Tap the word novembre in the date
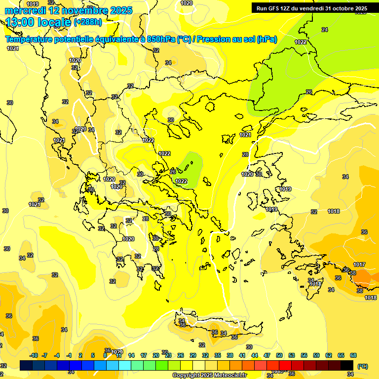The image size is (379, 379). click(x=81, y=10)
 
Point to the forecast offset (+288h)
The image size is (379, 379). click(x=88, y=22)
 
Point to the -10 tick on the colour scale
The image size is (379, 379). click(x=34, y=356)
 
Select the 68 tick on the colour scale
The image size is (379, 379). click(x=353, y=356)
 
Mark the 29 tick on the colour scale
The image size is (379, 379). click(x=193, y=356)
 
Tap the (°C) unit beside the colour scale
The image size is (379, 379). click(x=363, y=366)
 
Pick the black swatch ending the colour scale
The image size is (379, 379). click(x=347, y=365)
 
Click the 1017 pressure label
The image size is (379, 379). click(x=359, y=265)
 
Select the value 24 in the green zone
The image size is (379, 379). click(x=324, y=30)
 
